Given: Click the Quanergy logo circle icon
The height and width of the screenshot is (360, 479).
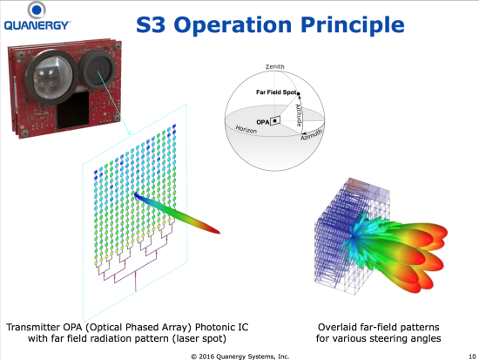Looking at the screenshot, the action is click(x=37, y=10).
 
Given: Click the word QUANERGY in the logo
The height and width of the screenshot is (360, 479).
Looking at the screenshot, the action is click(x=37, y=25).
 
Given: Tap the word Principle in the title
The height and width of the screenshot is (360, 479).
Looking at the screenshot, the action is click(x=353, y=26).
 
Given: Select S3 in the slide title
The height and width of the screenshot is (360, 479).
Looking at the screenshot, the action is click(x=151, y=24).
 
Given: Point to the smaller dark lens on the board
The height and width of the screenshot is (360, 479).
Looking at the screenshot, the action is click(x=98, y=69).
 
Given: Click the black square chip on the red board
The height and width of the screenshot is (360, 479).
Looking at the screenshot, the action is click(x=73, y=111).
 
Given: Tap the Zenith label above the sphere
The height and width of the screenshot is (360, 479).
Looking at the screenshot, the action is click(x=275, y=66).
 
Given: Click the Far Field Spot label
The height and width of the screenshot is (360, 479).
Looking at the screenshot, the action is click(x=276, y=92).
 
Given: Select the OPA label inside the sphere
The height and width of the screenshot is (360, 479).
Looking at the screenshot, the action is click(x=263, y=122).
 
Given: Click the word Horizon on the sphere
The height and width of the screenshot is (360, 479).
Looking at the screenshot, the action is click(x=246, y=129).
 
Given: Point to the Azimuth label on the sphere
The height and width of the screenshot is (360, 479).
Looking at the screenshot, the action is click(x=311, y=134).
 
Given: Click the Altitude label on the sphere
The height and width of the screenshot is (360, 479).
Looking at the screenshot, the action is click(x=299, y=115).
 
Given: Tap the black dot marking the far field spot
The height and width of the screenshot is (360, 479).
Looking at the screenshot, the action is click(x=299, y=93).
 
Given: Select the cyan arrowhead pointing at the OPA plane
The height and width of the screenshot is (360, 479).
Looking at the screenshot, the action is click(x=129, y=132).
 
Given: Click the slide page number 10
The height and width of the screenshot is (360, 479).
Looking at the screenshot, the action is click(x=472, y=357).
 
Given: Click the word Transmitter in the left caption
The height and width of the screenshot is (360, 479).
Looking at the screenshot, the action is click(x=33, y=327).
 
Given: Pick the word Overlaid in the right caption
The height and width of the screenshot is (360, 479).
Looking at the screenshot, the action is click(x=338, y=327).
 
